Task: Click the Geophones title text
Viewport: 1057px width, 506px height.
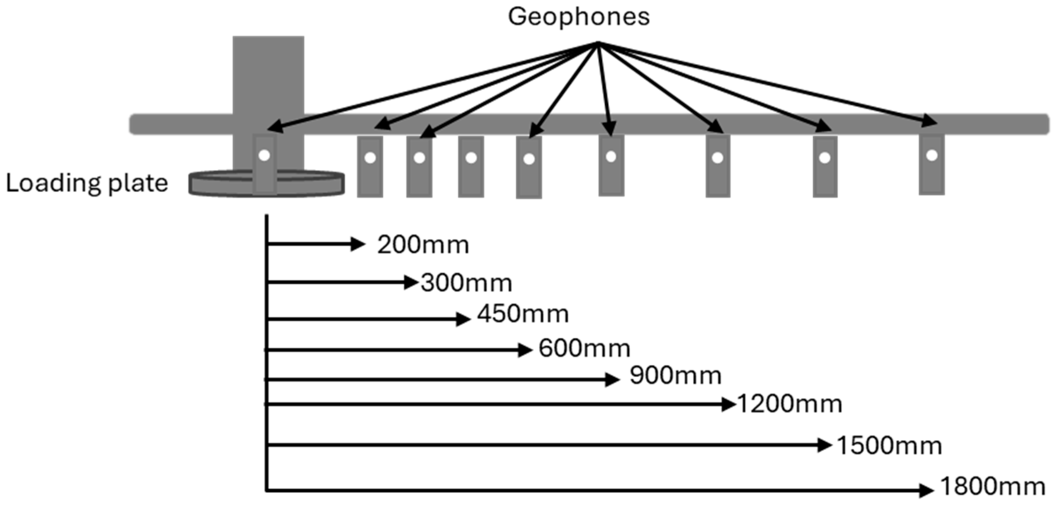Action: click(578, 17)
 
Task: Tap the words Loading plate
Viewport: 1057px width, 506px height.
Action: click(87, 183)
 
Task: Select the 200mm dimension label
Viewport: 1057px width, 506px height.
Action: click(423, 245)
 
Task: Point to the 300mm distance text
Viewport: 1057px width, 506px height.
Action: click(467, 283)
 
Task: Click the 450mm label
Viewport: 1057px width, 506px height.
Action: click(523, 314)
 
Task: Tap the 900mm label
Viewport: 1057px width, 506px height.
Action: click(675, 376)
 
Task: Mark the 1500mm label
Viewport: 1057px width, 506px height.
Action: click(889, 446)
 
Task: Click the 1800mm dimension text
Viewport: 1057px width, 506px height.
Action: click(992, 487)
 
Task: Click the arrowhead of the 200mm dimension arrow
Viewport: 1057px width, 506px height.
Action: click(358, 244)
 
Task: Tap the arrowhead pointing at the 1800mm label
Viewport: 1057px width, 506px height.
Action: click(927, 490)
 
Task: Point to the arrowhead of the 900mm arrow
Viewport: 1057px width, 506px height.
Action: click(612, 380)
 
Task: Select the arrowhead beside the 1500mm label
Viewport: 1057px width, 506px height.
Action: click(824, 445)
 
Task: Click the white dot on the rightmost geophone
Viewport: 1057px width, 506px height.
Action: click(932, 156)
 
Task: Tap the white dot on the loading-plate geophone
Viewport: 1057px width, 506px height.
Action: click(264, 156)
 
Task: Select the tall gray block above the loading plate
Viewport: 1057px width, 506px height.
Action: click(268, 74)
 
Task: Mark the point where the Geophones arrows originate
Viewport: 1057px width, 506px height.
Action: click(598, 43)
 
